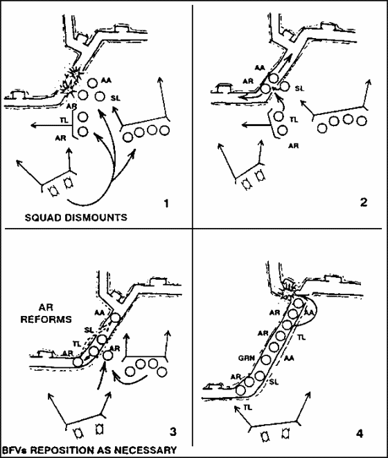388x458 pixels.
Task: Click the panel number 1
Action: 166,203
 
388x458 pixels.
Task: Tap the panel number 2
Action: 364,202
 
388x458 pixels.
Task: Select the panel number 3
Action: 173,432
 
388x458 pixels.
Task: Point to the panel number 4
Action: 360,434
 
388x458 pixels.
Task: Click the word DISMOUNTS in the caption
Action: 98,218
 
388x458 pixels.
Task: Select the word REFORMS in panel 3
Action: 46,319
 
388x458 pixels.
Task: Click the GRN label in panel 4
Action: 247,358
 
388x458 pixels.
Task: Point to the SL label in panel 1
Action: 116,98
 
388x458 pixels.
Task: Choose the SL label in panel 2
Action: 299,88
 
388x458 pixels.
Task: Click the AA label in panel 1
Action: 106,80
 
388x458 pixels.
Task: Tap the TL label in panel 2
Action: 294,120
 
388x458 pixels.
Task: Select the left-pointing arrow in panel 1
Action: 51,125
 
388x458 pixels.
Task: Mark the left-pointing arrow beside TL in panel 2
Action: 256,125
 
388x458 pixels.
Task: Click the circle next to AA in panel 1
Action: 93,83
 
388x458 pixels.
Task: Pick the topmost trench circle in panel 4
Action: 298,303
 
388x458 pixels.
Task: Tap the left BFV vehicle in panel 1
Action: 54,191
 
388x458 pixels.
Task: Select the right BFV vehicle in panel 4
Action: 285,432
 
